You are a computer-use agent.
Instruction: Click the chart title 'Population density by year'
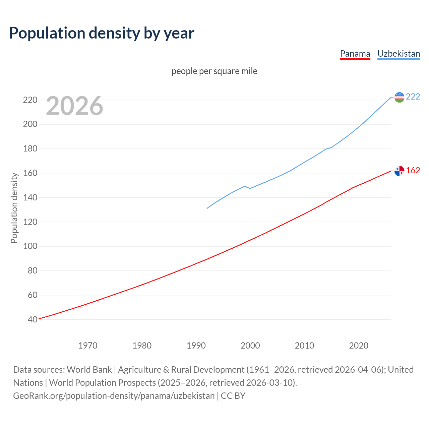pos(102,33)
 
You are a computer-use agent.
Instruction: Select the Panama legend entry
pos(355,54)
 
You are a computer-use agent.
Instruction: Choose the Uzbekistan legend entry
pos(399,54)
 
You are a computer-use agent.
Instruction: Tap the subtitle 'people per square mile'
pos(214,71)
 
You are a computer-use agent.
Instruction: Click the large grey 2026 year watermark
pos(74,106)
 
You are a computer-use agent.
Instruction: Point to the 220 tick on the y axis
pos(30,100)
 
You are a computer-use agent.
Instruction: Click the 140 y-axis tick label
pos(30,197)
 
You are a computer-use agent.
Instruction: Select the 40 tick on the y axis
pos(33,319)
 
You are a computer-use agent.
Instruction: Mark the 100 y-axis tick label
pos(30,246)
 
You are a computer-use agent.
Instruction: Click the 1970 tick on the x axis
pos(88,346)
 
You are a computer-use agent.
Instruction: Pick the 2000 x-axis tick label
pos(250,346)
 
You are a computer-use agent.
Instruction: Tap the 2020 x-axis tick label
pos(359,346)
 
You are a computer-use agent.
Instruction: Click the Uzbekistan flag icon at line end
pos(399,97)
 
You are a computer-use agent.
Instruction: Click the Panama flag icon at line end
pos(399,171)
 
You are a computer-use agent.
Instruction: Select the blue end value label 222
pos(413,97)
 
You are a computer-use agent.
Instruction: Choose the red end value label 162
pos(413,170)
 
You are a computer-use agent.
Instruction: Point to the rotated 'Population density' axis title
pos(14,208)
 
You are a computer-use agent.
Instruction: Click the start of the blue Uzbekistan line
pos(207,208)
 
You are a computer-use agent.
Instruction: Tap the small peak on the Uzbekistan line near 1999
pos(245,186)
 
